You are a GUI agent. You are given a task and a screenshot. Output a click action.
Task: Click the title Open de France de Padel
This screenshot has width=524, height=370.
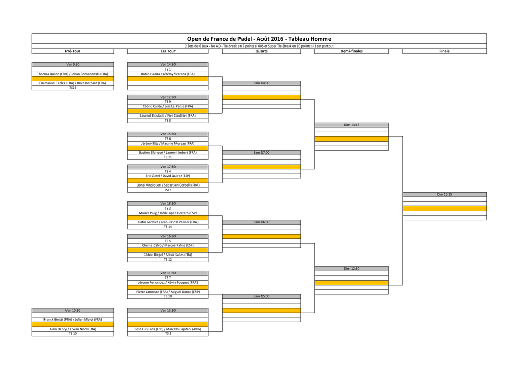click(x=259, y=39)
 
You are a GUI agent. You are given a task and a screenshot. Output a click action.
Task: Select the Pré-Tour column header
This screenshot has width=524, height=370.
click(x=73, y=51)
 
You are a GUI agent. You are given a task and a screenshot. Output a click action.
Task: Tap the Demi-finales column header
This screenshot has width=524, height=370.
click(x=352, y=51)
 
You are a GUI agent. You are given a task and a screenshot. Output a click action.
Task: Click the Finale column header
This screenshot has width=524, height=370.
click(x=444, y=51)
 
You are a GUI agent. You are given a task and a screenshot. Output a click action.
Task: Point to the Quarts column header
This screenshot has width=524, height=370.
click(x=261, y=51)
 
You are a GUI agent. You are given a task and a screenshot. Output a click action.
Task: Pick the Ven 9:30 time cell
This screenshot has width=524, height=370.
click(x=73, y=65)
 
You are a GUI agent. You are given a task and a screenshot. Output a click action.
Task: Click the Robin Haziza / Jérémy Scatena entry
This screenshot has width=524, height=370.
click(x=168, y=74)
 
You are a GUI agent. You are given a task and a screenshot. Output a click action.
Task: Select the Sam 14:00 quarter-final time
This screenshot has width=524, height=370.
click(x=261, y=83)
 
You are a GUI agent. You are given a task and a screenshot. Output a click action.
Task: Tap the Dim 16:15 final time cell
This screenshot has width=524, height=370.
click(x=444, y=195)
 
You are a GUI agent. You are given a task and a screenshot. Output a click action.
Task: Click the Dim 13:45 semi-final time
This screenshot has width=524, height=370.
click(x=352, y=125)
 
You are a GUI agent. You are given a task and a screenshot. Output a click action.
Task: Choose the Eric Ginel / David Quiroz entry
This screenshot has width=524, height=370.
click(x=168, y=176)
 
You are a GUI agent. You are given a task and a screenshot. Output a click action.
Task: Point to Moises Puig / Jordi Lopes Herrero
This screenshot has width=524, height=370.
click(x=168, y=213)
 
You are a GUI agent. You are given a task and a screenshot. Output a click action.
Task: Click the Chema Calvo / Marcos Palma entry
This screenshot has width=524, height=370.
click(x=168, y=245)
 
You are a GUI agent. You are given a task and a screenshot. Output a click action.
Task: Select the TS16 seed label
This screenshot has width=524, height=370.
click(x=73, y=88)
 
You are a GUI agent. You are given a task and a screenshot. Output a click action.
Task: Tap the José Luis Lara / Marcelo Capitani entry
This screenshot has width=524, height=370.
click(x=168, y=329)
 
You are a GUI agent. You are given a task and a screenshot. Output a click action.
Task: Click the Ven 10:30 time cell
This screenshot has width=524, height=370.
click(x=73, y=311)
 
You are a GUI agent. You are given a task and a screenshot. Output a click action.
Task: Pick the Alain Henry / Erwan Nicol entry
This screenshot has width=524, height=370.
click(x=73, y=329)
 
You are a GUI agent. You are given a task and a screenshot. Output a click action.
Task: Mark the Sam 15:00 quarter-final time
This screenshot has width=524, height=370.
click(x=261, y=297)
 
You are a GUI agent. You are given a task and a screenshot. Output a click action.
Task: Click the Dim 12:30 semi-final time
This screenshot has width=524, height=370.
click(x=352, y=269)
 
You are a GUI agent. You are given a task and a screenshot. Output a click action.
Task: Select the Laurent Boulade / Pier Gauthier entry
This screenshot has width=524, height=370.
click(x=168, y=116)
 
